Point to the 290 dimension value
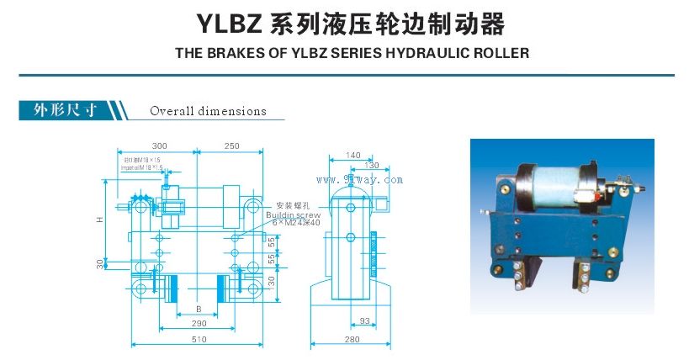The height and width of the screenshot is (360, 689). [x=199, y=323]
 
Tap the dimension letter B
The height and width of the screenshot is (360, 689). [x=199, y=307]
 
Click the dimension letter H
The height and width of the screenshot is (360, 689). [x=99, y=220]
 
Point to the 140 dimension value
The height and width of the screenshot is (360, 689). [x=352, y=156]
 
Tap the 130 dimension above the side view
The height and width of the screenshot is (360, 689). [x=371, y=166]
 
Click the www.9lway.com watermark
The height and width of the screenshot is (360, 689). [x=360, y=179]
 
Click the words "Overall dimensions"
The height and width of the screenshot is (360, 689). [x=208, y=111]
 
